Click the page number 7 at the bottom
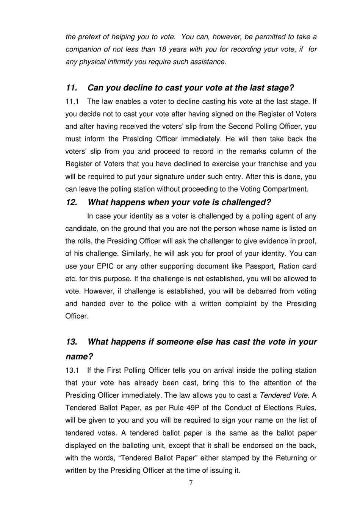pos(191,483)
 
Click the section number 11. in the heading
pos(71,88)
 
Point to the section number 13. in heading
pos(71,342)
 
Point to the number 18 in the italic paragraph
pos(161,49)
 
